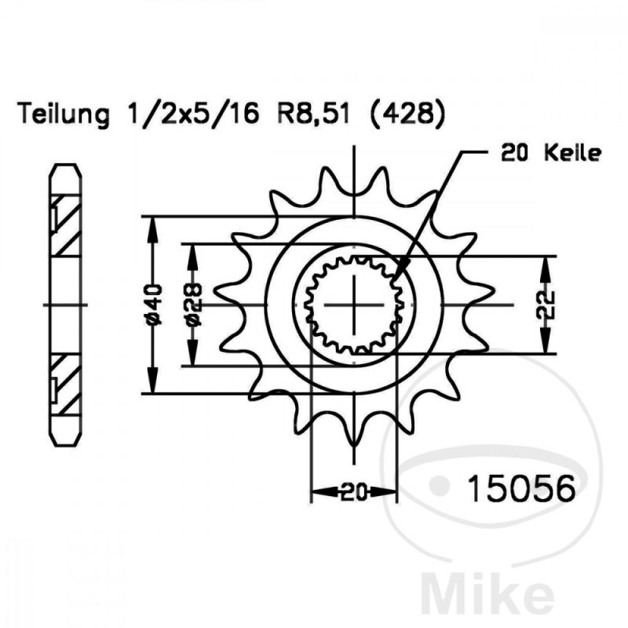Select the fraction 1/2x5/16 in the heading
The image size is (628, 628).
[192, 114]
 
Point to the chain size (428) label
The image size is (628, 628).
[407, 115]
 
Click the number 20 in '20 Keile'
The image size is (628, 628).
[514, 153]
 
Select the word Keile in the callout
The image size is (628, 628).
[573, 153]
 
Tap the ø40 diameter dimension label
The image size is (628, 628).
[154, 305]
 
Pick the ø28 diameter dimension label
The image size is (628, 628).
[194, 305]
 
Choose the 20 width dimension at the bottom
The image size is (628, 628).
[354, 492]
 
